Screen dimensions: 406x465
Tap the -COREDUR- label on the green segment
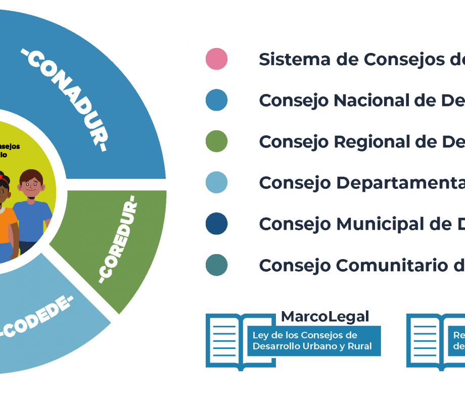pos(118,241)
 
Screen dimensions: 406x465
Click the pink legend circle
pos(216,59)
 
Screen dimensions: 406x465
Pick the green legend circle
pos(216,141)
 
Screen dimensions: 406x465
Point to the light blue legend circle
pos(216,183)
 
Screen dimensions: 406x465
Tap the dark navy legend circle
pos(216,224)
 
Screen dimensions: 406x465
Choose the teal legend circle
pos(216,265)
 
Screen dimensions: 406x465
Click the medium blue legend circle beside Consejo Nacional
pos(216,100)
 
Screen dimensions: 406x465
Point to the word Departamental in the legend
pos(399,183)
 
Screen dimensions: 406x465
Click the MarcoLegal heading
pos(325,317)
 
